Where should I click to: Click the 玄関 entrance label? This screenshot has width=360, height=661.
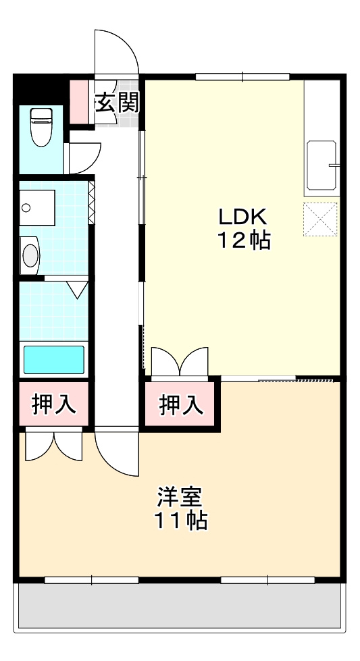click(x=116, y=103)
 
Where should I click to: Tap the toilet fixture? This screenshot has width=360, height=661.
click(x=41, y=126)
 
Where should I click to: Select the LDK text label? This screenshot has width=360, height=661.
click(x=242, y=217)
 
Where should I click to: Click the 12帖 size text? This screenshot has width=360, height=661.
click(x=243, y=240)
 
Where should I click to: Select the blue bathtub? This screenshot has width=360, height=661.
click(x=54, y=359)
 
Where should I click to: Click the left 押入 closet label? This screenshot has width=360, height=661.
click(x=53, y=405)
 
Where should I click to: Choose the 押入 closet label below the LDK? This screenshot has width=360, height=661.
click(x=180, y=405)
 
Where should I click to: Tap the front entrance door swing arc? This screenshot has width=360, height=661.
click(x=116, y=51)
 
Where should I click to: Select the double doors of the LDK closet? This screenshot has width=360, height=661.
click(x=180, y=362)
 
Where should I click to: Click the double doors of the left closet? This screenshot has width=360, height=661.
click(x=54, y=446)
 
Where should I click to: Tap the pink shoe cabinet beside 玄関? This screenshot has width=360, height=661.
click(x=80, y=102)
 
